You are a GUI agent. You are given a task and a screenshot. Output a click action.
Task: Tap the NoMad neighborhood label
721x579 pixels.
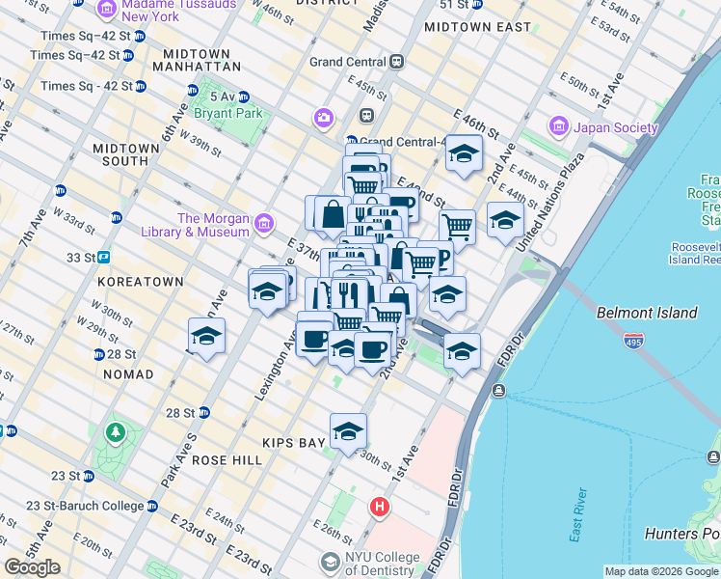click(125, 373)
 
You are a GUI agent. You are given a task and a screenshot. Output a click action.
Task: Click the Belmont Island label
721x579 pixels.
click(647, 313)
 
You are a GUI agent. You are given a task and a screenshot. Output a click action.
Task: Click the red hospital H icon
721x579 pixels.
click(381, 506)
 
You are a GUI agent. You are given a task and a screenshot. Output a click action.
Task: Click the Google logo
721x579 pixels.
click(32, 567)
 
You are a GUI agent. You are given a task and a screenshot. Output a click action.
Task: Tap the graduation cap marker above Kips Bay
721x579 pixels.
click(348, 431)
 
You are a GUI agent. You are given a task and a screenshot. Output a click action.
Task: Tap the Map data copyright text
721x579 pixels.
click(661, 571)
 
